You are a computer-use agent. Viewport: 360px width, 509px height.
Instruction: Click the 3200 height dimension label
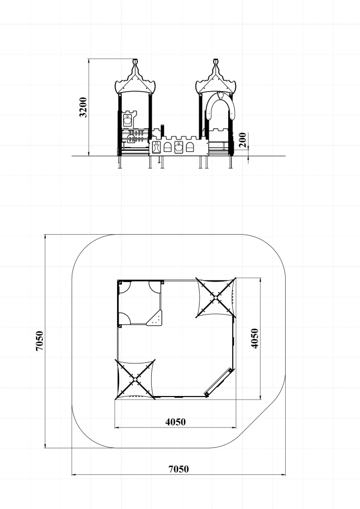84,107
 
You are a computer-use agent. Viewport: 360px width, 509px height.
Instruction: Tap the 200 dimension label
242,139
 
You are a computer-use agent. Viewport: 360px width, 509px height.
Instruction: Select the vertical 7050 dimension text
39,341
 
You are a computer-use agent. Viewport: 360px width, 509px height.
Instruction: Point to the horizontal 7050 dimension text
179,469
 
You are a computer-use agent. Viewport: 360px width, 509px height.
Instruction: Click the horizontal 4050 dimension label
176,422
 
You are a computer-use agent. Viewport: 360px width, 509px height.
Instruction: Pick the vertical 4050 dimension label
255,338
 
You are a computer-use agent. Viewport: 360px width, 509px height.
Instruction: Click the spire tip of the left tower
135,60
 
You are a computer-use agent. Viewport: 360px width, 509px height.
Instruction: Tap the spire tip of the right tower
216,60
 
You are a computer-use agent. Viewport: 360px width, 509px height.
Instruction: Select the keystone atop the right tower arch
220,96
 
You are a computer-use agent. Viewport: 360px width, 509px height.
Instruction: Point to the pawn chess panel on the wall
156,147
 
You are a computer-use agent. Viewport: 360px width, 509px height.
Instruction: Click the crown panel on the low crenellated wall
179,147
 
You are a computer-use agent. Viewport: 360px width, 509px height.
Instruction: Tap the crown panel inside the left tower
128,120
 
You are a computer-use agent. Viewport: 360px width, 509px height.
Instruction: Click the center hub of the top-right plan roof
215,297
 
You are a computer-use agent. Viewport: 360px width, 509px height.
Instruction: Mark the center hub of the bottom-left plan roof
135,379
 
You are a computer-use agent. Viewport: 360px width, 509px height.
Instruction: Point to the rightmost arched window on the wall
189,147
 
